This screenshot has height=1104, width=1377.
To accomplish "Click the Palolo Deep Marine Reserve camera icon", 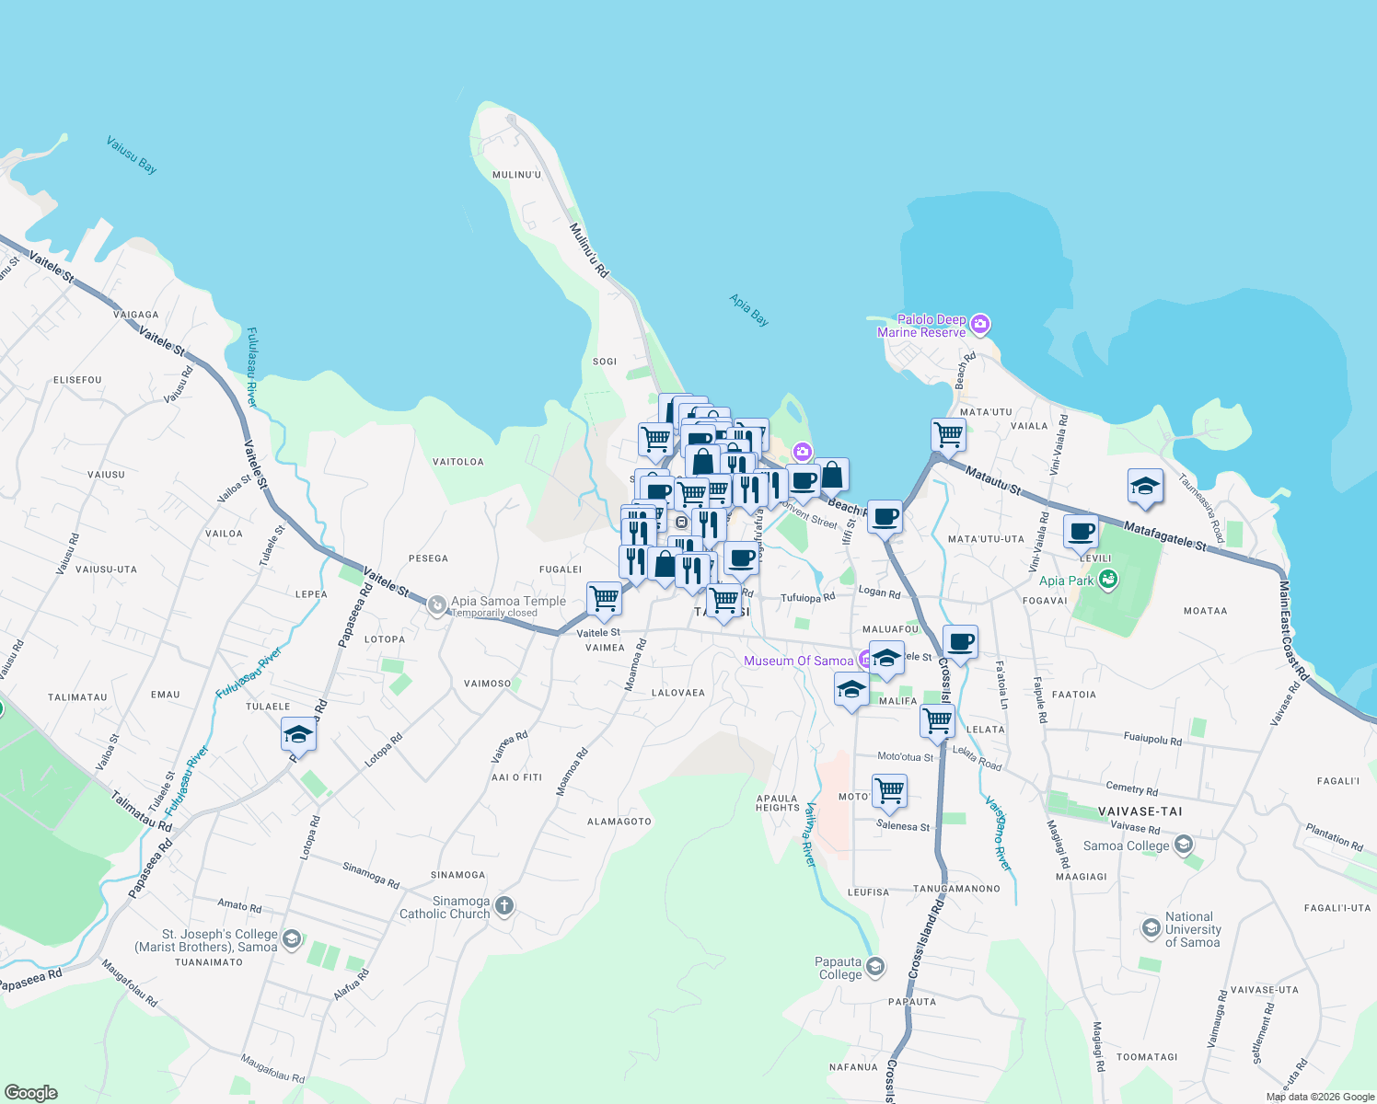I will tap(980, 324).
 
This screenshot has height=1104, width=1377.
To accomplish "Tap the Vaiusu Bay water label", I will tap(132, 155).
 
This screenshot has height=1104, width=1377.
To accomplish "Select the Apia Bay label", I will tap(749, 310).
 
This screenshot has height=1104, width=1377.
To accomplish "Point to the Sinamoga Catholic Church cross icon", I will tap(503, 905).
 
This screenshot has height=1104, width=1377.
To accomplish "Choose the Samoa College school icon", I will tap(1184, 844).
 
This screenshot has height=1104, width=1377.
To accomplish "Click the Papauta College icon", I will tap(875, 966).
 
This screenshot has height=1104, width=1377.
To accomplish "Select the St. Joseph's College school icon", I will tap(292, 938).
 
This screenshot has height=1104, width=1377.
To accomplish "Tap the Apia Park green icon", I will tap(1108, 580).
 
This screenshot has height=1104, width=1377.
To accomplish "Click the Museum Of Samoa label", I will tap(798, 661).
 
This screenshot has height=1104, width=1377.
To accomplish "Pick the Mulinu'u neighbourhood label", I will tap(516, 175).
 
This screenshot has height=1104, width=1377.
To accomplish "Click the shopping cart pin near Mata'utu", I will tap(947, 435).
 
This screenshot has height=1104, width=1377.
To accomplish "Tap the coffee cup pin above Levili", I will tap(1081, 531).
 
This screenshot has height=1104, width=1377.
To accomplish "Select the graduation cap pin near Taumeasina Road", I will tap(1144, 487).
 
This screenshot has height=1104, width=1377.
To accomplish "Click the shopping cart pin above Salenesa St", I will tap(889, 790).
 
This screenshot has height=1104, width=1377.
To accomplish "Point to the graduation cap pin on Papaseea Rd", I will tap(298, 735).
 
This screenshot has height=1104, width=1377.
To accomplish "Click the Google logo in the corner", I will tap(31, 1093).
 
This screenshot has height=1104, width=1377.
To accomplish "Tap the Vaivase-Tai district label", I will tap(1140, 811).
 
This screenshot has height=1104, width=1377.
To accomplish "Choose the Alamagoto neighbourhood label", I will tap(619, 822).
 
